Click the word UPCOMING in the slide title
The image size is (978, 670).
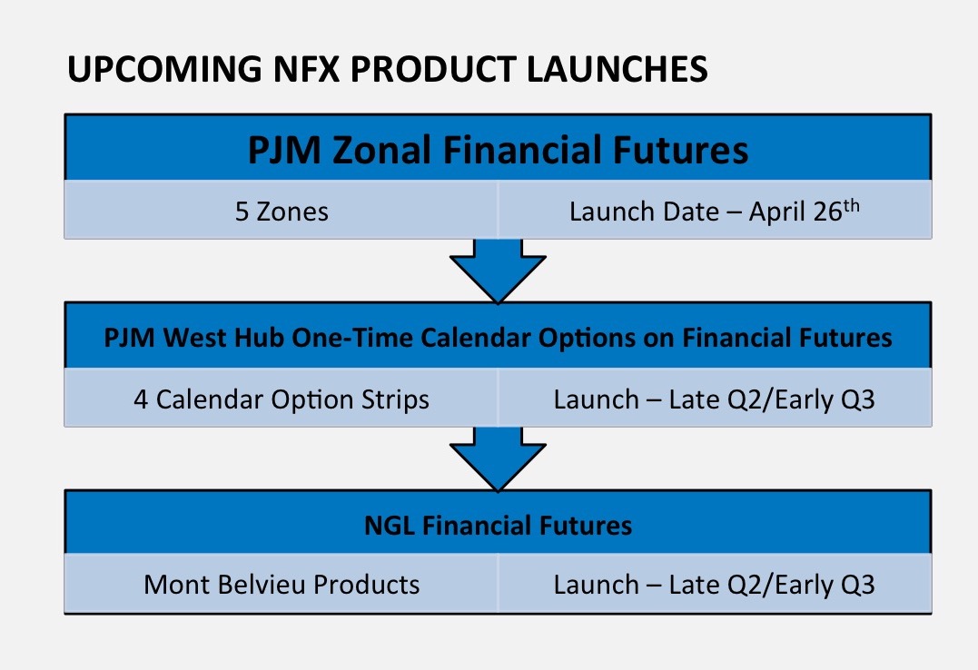click(x=164, y=69)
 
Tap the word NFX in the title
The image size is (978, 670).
click(x=307, y=69)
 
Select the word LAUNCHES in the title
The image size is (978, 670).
click(x=617, y=69)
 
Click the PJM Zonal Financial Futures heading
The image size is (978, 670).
click(x=498, y=150)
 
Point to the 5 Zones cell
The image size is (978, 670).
click(x=282, y=212)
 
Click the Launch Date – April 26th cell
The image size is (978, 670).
click(x=715, y=212)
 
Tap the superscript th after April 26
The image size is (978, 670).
click(x=852, y=205)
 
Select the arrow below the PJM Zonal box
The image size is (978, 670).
click(x=498, y=271)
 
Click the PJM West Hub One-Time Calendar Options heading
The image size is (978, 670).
click(x=498, y=338)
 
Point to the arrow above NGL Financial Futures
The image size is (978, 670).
click(x=498, y=458)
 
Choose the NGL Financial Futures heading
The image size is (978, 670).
click(x=498, y=526)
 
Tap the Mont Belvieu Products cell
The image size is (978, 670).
click(x=282, y=585)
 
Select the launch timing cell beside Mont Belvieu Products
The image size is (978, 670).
click(x=715, y=585)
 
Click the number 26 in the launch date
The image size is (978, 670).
click(x=827, y=212)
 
